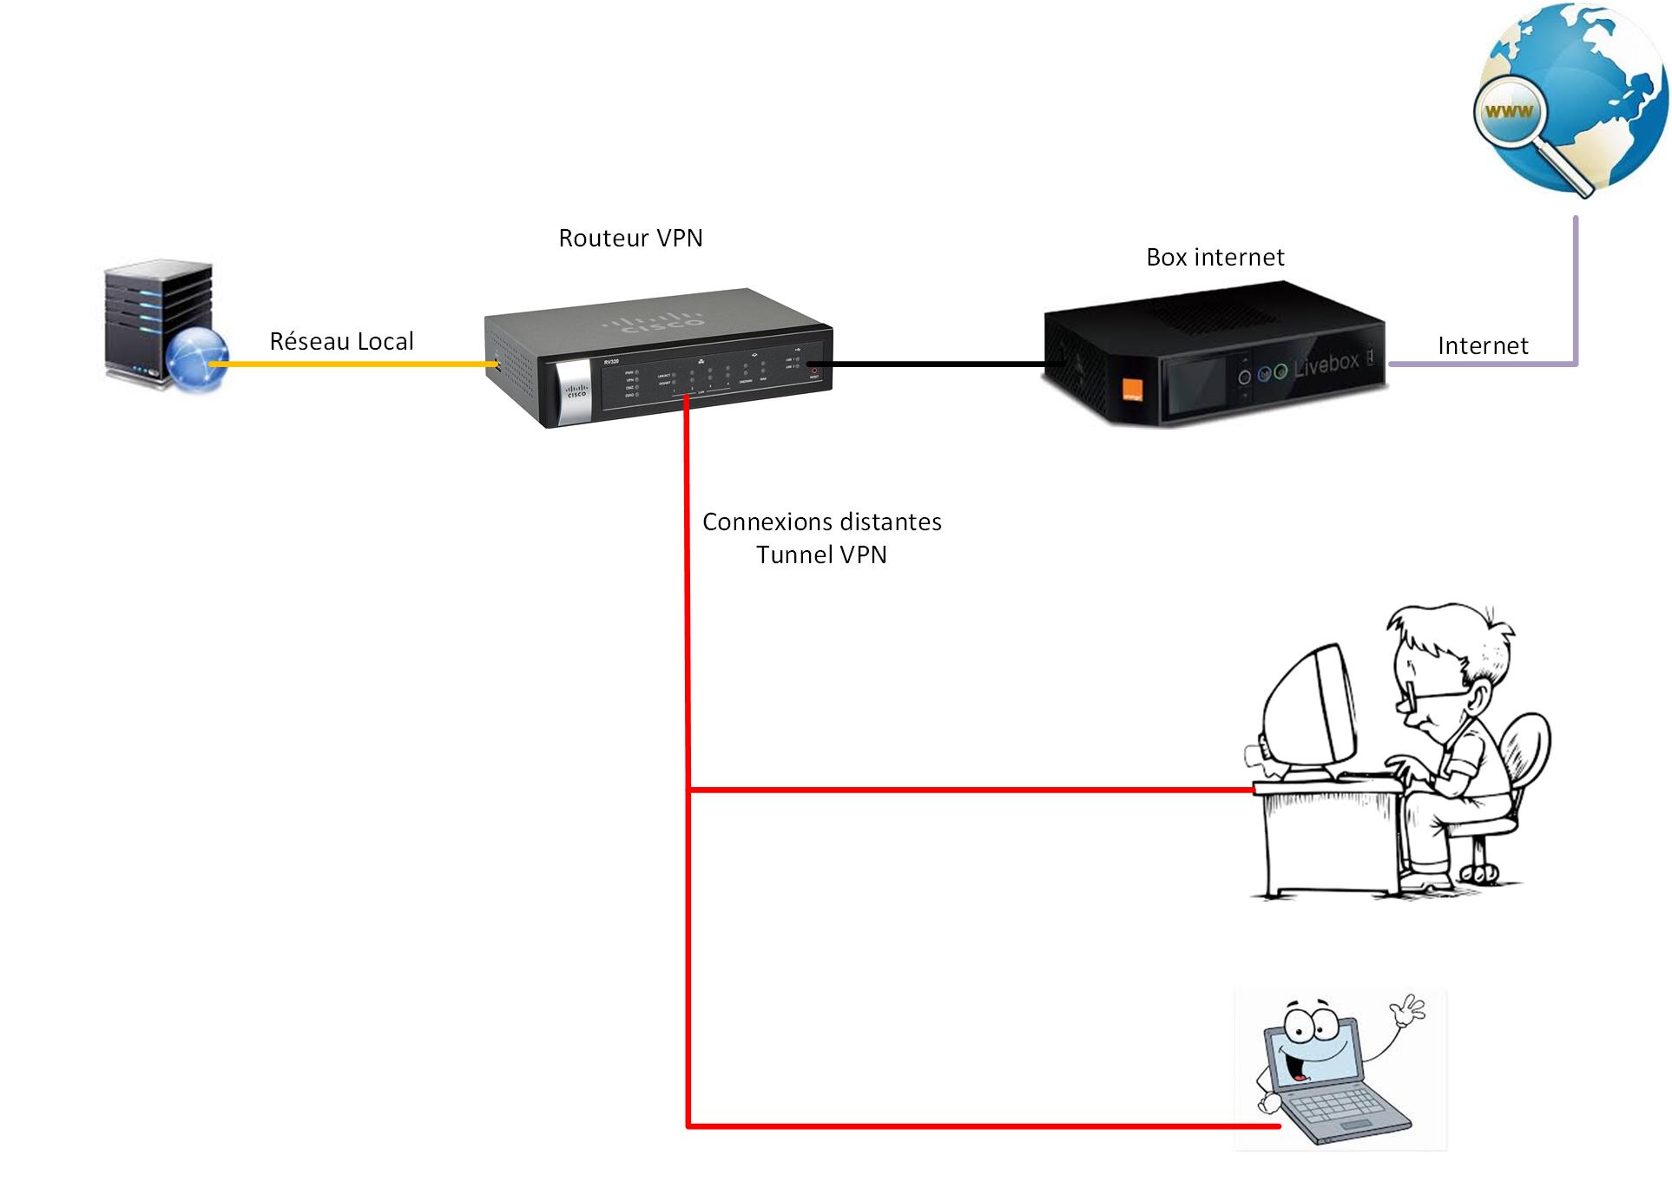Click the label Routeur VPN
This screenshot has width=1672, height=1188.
tap(630, 238)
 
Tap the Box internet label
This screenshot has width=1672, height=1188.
tap(1215, 257)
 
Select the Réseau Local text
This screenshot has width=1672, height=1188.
tap(341, 341)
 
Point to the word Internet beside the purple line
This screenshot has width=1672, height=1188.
tap(1482, 345)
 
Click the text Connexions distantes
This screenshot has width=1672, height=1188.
tap(821, 522)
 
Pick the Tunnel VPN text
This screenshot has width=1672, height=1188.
tap(821, 555)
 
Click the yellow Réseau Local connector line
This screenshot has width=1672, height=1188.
tap(356, 364)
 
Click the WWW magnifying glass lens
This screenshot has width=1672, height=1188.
tap(1509, 111)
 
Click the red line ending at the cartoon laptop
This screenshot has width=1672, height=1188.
tap(981, 1126)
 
